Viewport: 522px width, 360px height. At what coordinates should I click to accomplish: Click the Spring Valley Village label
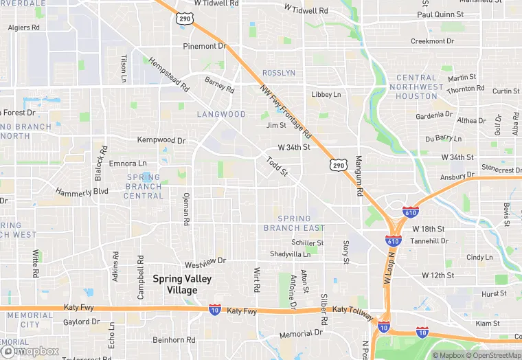click(182, 284)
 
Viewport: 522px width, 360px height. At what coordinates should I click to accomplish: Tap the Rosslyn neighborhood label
click(279, 73)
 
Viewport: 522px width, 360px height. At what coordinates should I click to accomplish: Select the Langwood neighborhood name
click(221, 114)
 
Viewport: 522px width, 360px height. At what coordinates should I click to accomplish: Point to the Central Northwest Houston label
click(416, 87)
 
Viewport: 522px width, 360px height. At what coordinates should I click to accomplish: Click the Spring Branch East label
click(294, 223)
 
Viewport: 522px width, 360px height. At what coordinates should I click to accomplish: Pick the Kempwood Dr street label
click(161, 140)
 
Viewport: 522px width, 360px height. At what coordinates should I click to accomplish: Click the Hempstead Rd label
click(168, 75)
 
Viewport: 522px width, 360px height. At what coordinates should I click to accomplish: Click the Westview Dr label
click(205, 262)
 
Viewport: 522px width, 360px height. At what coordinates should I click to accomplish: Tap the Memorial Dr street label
click(300, 334)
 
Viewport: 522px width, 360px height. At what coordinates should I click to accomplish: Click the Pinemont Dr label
click(204, 46)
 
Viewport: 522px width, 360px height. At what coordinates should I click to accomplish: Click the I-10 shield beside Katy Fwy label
click(215, 310)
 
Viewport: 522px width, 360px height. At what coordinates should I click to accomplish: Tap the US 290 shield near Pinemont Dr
click(184, 19)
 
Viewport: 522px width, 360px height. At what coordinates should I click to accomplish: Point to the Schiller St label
click(307, 243)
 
